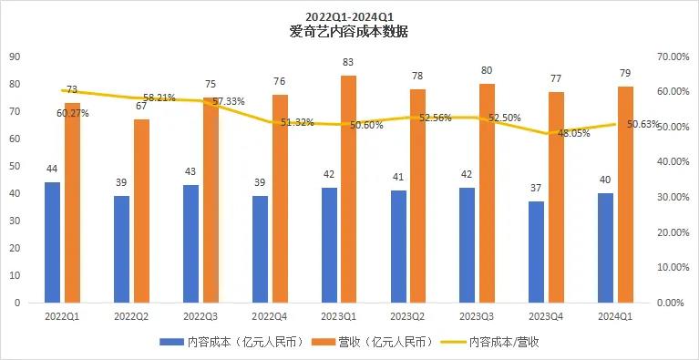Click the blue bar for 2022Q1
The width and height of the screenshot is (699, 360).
(x=53, y=242)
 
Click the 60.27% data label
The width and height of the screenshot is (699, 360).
(x=73, y=113)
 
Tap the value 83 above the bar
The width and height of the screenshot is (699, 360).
(x=349, y=62)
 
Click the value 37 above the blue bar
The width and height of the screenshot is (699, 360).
(x=536, y=188)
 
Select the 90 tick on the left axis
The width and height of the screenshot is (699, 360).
(x=15, y=57)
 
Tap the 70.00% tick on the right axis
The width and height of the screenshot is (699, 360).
(x=672, y=57)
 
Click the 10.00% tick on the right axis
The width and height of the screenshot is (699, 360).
(x=672, y=267)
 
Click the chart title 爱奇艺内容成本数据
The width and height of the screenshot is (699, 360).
(x=348, y=31)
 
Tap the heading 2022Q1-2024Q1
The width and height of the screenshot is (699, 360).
(x=348, y=15)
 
